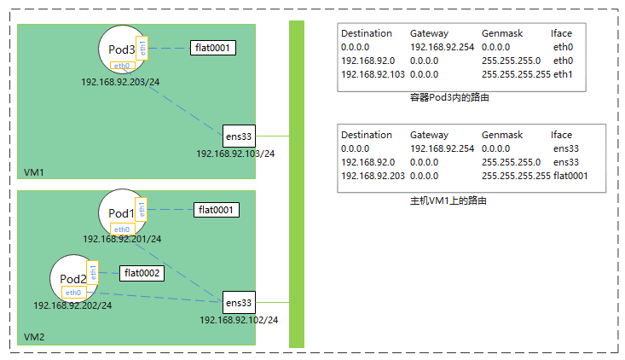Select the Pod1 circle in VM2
122,212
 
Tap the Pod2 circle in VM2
73,277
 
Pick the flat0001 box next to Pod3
211,48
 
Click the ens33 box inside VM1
238,136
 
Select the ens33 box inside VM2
238,302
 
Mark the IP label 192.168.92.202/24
72,305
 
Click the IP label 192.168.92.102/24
239,320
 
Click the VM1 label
34,172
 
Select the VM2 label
34,337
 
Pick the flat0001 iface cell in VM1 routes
570,176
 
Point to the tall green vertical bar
297,183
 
